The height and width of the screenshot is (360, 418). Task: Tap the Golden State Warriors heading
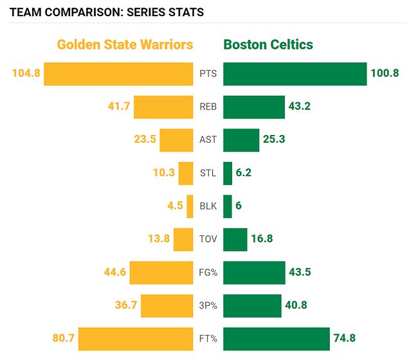(x=125, y=44)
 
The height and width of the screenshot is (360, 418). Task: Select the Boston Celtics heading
(x=268, y=44)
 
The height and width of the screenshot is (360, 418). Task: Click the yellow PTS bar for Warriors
(x=118, y=73)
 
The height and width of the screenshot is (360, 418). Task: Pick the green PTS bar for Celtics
(x=295, y=73)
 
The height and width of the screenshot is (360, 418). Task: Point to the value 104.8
(x=26, y=73)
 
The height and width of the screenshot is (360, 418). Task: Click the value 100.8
(x=385, y=73)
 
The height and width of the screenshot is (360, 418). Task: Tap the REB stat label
(x=208, y=107)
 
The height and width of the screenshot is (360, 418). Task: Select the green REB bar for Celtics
(x=254, y=107)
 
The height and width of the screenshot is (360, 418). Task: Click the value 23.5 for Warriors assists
(x=145, y=139)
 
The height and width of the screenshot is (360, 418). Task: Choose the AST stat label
(x=208, y=139)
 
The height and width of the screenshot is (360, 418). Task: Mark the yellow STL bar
(x=186, y=173)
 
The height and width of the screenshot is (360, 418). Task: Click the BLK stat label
(x=208, y=206)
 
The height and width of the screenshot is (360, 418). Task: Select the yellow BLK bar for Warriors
(x=190, y=206)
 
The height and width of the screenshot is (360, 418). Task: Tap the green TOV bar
(x=235, y=240)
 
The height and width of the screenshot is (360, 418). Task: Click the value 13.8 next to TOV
(x=159, y=239)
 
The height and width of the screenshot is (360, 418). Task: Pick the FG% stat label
(x=208, y=273)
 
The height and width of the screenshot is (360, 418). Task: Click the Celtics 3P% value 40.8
(x=297, y=305)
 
